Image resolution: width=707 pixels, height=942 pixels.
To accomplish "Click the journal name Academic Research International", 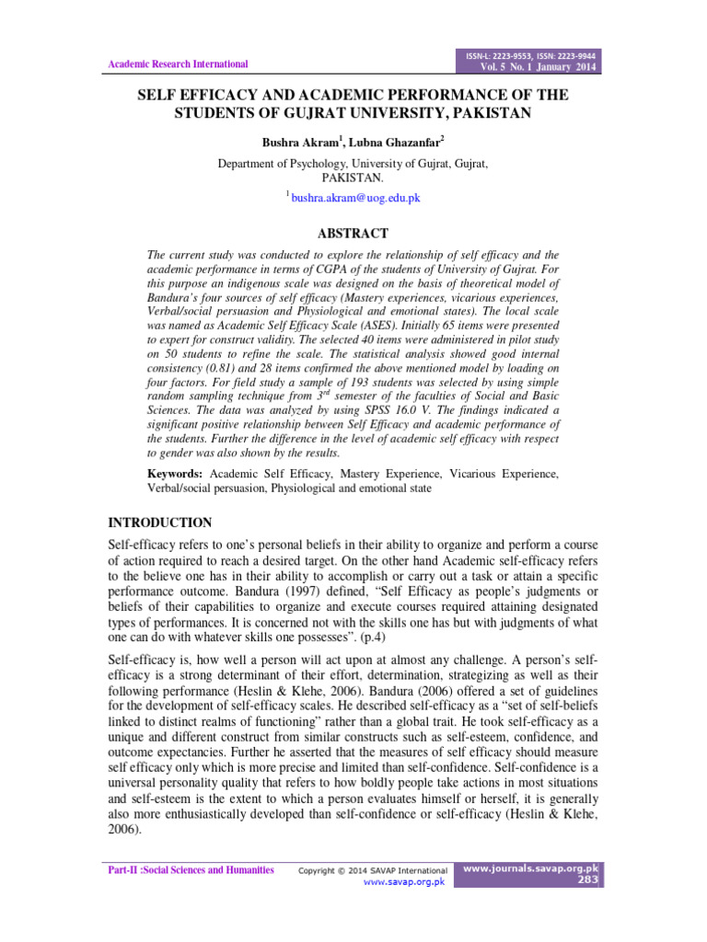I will click(179, 64).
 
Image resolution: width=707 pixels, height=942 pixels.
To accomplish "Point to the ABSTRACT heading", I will click(353, 234).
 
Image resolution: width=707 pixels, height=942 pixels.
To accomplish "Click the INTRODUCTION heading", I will click(160, 523).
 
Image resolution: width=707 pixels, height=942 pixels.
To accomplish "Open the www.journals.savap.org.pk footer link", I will click(531, 867).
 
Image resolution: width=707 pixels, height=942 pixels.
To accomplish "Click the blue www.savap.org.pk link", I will click(404, 881).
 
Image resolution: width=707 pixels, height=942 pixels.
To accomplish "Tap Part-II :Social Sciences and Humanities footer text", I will click(191, 869).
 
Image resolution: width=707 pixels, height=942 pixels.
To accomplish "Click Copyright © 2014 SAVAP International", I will click(374, 870).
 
